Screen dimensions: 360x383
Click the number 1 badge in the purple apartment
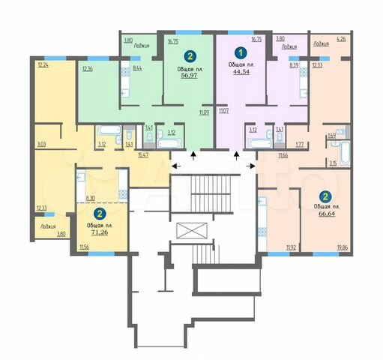(x=241, y=53)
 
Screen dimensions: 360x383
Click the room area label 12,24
(x=42, y=64)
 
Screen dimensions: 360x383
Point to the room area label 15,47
(x=143, y=154)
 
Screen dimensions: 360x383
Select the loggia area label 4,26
(x=342, y=38)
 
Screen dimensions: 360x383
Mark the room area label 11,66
(x=283, y=154)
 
